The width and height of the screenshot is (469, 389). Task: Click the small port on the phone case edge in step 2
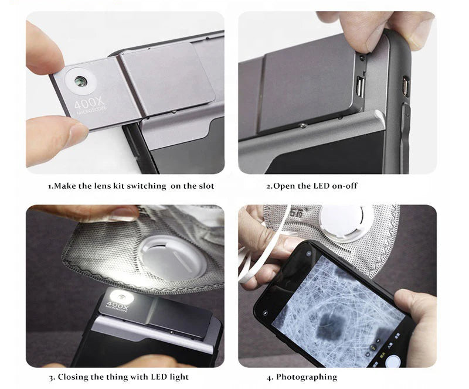tap(404, 86)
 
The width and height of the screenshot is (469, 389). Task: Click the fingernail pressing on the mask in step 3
tap(124, 214)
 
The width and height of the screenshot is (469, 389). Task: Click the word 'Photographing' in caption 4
tap(307, 377)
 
